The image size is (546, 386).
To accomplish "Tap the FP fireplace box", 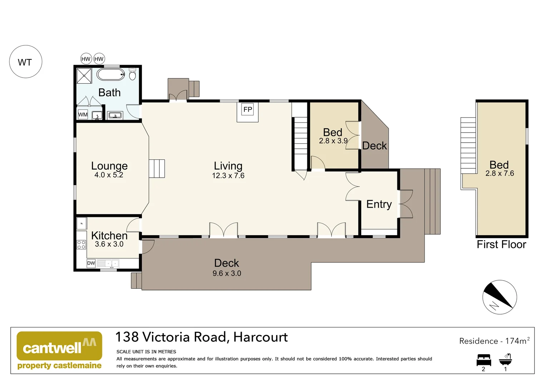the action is (x=248, y=109).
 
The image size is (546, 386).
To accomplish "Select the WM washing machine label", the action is (x=83, y=115).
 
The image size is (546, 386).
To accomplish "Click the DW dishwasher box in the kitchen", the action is (x=91, y=263).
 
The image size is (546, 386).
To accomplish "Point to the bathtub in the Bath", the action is (x=111, y=74).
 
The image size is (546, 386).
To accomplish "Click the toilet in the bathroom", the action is (x=132, y=74).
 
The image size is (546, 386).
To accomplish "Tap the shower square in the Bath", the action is (x=84, y=76).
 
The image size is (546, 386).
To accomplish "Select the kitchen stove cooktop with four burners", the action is (x=81, y=244).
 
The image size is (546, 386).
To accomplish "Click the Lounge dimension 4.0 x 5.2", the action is (x=109, y=175).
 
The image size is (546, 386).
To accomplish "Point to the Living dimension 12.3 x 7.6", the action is (x=228, y=175).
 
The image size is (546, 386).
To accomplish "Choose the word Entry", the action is (x=379, y=204).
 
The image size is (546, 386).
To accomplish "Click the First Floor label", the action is (x=501, y=244).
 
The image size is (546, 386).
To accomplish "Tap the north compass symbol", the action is (x=500, y=297).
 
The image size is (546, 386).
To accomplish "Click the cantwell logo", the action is (x=59, y=350).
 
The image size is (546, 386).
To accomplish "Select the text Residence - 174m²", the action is (x=494, y=341).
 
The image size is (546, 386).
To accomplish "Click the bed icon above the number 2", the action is (x=484, y=360).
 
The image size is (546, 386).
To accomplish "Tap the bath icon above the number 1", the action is (x=506, y=359).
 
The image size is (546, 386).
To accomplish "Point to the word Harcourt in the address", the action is (x=260, y=337).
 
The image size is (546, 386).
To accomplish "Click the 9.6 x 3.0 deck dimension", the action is (x=227, y=273).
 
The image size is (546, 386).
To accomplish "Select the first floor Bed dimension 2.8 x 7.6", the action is (x=500, y=173).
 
